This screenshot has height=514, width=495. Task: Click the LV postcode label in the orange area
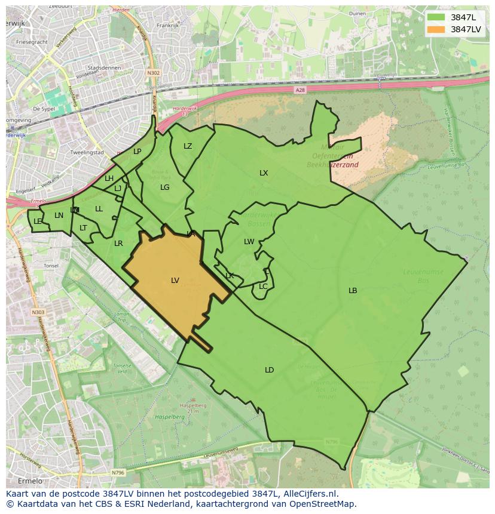point(175,280)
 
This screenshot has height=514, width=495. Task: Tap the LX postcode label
point(264,173)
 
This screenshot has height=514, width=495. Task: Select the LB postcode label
point(353,291)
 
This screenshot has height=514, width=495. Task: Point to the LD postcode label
point(269,370)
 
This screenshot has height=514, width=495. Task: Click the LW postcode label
point(249,242)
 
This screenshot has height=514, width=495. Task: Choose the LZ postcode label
point(188,146)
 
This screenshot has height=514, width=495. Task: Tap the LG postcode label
point(165,187)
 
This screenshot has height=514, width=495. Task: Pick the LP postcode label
point(137,152)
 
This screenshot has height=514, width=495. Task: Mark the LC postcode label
point(263,287)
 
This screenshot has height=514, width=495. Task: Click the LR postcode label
point(118,244)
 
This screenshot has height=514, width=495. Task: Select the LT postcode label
point(83,228)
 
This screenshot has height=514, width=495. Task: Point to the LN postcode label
point(59,216)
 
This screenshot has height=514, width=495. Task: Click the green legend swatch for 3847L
point(436,17)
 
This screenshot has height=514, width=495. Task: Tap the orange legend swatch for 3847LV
point(436,29)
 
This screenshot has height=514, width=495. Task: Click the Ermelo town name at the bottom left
point(30,481)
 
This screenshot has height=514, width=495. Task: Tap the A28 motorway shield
point(300,90)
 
